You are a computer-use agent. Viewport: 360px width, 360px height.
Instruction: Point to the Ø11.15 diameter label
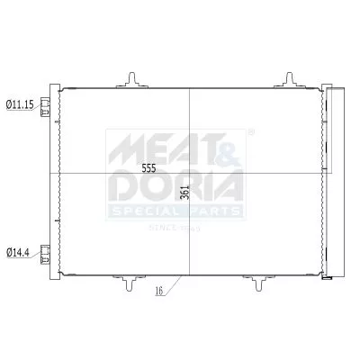(20, 105)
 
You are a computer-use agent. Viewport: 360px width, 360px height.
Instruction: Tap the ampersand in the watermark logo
(222, 144)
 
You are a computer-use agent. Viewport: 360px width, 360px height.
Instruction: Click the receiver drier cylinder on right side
(336, 180)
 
